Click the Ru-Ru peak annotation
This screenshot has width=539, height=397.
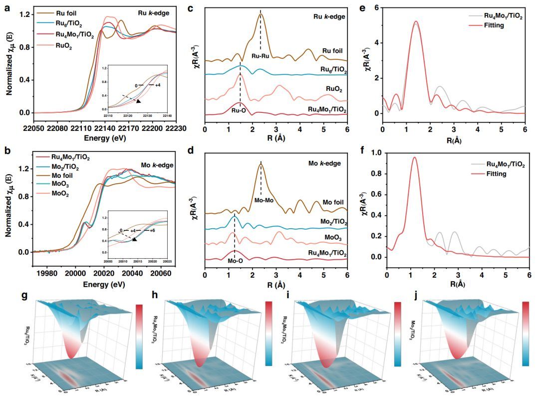tap(260, 56)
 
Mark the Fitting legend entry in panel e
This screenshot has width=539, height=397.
tap(499, 25)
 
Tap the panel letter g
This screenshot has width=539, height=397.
tap(8, 295)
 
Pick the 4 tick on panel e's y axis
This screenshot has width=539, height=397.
tap(375, 43)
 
